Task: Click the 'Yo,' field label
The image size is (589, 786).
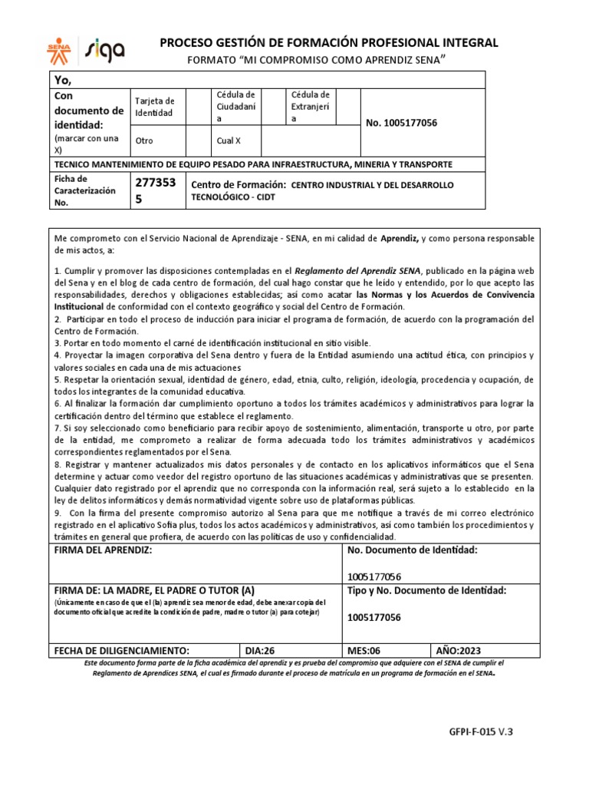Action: pyautogui.click(x=62, y=80)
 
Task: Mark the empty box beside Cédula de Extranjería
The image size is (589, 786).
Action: pyautogui.click(x=348, y=107)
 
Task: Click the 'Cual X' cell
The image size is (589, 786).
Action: pyautogui.click(x=229, y=141)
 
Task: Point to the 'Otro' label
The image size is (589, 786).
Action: pyautogui.click(x=144, y=141)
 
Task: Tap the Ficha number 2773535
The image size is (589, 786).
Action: pyautogui.click(x=159, y=190)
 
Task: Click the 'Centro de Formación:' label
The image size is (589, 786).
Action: pyautogui.click(x=239, y=185)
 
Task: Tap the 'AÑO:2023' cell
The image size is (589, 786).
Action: pyautogui.click(x=459, y=649)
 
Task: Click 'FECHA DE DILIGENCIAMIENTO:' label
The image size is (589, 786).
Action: pyautogui.click(x=121, y=649)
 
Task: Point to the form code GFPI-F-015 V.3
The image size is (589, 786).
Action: pyautogui.click(x=479, y=732)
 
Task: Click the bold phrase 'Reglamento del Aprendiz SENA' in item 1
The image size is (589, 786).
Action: pyautogui.click(x=358, y=271)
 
